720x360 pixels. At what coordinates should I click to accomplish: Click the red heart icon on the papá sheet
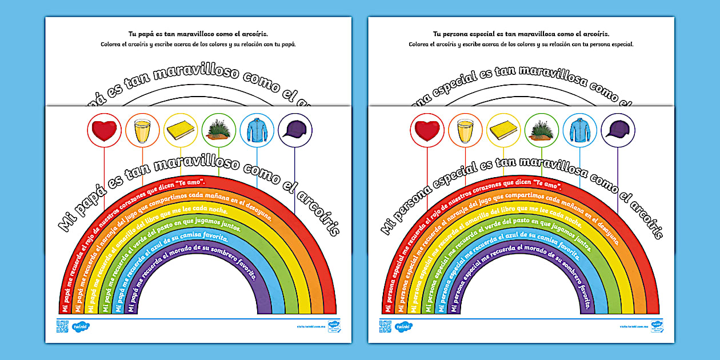[x=104, y=131]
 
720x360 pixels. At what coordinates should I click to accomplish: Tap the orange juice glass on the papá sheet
[x=142, y=131]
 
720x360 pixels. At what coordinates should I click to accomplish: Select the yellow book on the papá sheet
[x=181, y=131]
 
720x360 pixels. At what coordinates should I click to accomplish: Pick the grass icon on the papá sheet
[x=219, y=131]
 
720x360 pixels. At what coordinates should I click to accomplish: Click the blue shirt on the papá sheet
[x=257, y=131]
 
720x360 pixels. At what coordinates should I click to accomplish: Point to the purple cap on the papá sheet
[x=295, y=131]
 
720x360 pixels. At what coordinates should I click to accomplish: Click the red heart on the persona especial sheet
[x=427, y=131]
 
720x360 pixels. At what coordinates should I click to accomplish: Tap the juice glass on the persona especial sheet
[x=466, y=131]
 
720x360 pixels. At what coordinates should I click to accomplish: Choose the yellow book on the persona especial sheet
[x=504, y=131]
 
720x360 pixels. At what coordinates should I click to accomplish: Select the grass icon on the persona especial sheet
[x=542, y=131]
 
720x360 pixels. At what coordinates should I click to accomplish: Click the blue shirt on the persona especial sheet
[x=580, y=131]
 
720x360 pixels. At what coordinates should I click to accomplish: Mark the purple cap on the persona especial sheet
[x=618, y=131]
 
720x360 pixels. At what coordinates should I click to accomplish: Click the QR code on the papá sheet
[x=61, y=326]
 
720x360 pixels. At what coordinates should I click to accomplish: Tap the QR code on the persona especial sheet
[x=384, y=326]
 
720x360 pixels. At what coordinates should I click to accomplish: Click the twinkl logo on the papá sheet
[x=81, y=327]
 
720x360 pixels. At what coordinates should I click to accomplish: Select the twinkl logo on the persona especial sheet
[x=404, y=327]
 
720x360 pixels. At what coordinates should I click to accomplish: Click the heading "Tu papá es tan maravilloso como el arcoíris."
[x=198, y=34]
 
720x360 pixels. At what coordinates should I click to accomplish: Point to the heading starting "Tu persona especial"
[x=521, y=34]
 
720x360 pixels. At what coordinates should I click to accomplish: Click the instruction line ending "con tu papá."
[x=198, y=44]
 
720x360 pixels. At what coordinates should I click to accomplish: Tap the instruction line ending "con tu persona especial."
[x=521, y=44]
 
